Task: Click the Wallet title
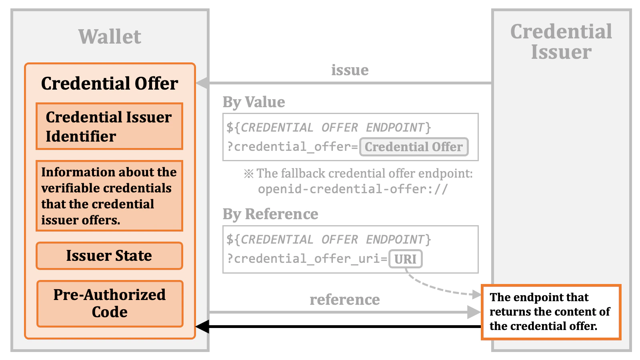pos(110,37)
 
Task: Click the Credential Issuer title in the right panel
pos(561,42)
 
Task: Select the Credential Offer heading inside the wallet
pos(110,84)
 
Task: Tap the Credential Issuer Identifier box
pos(109,126)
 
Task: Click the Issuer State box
pos(109,256)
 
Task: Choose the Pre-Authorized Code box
pos(110,304)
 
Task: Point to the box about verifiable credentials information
pos(109,196)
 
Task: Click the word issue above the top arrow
pos(350,70)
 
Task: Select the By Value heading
pos(254,102)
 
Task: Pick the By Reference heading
pos(270,214)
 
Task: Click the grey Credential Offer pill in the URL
pos(414,147)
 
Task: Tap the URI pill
pos(405,259)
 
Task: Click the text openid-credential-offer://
pos(353,189)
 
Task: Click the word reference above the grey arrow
pos(344,300)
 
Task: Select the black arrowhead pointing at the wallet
pos(202,326)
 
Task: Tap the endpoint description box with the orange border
pos(551,312)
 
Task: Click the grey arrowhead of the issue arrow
pos(202,83)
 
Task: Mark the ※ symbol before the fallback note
pos(249,174)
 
